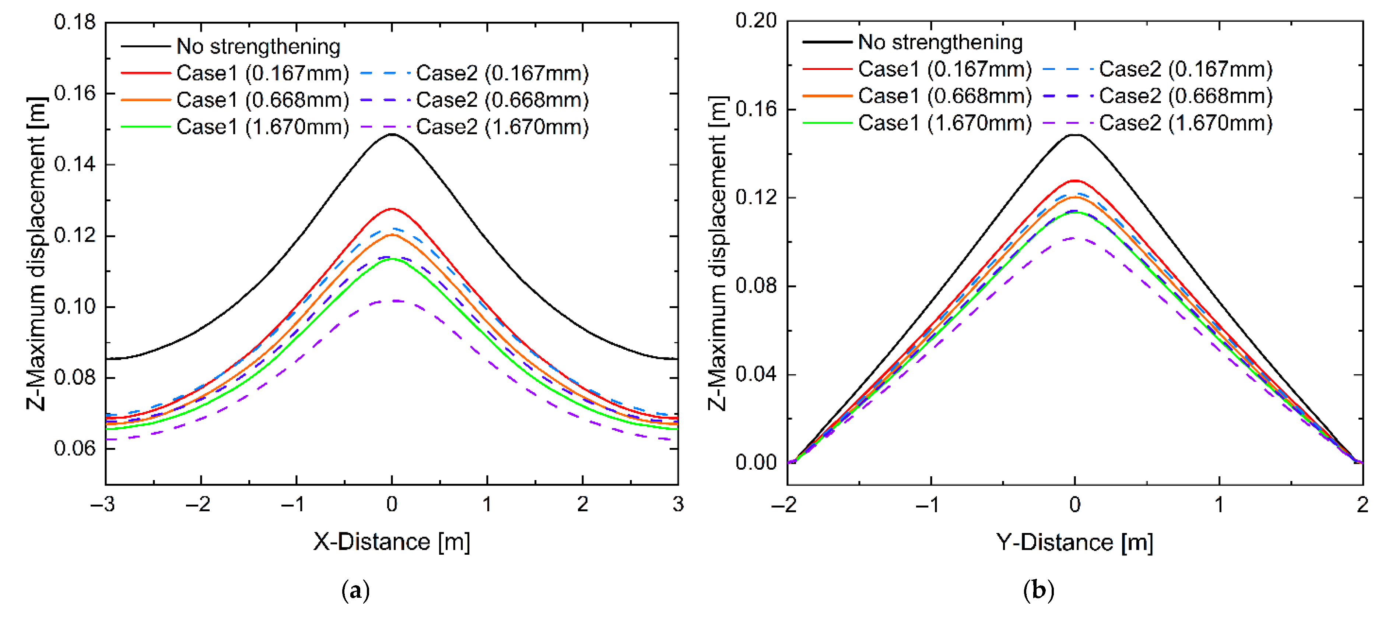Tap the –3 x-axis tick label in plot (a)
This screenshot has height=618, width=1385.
(102, 504)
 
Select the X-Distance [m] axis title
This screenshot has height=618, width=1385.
(392, 542)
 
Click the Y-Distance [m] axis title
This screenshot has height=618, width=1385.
(1074, 542)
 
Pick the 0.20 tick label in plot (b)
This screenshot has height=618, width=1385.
(756, 21)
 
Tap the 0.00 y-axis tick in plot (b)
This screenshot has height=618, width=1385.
(756, 462)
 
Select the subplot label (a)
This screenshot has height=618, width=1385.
(355, 591)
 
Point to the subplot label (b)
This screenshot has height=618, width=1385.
(1038, 591)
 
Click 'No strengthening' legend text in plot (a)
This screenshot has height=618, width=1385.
(258, 47)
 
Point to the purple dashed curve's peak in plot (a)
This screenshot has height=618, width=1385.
(395, 301)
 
